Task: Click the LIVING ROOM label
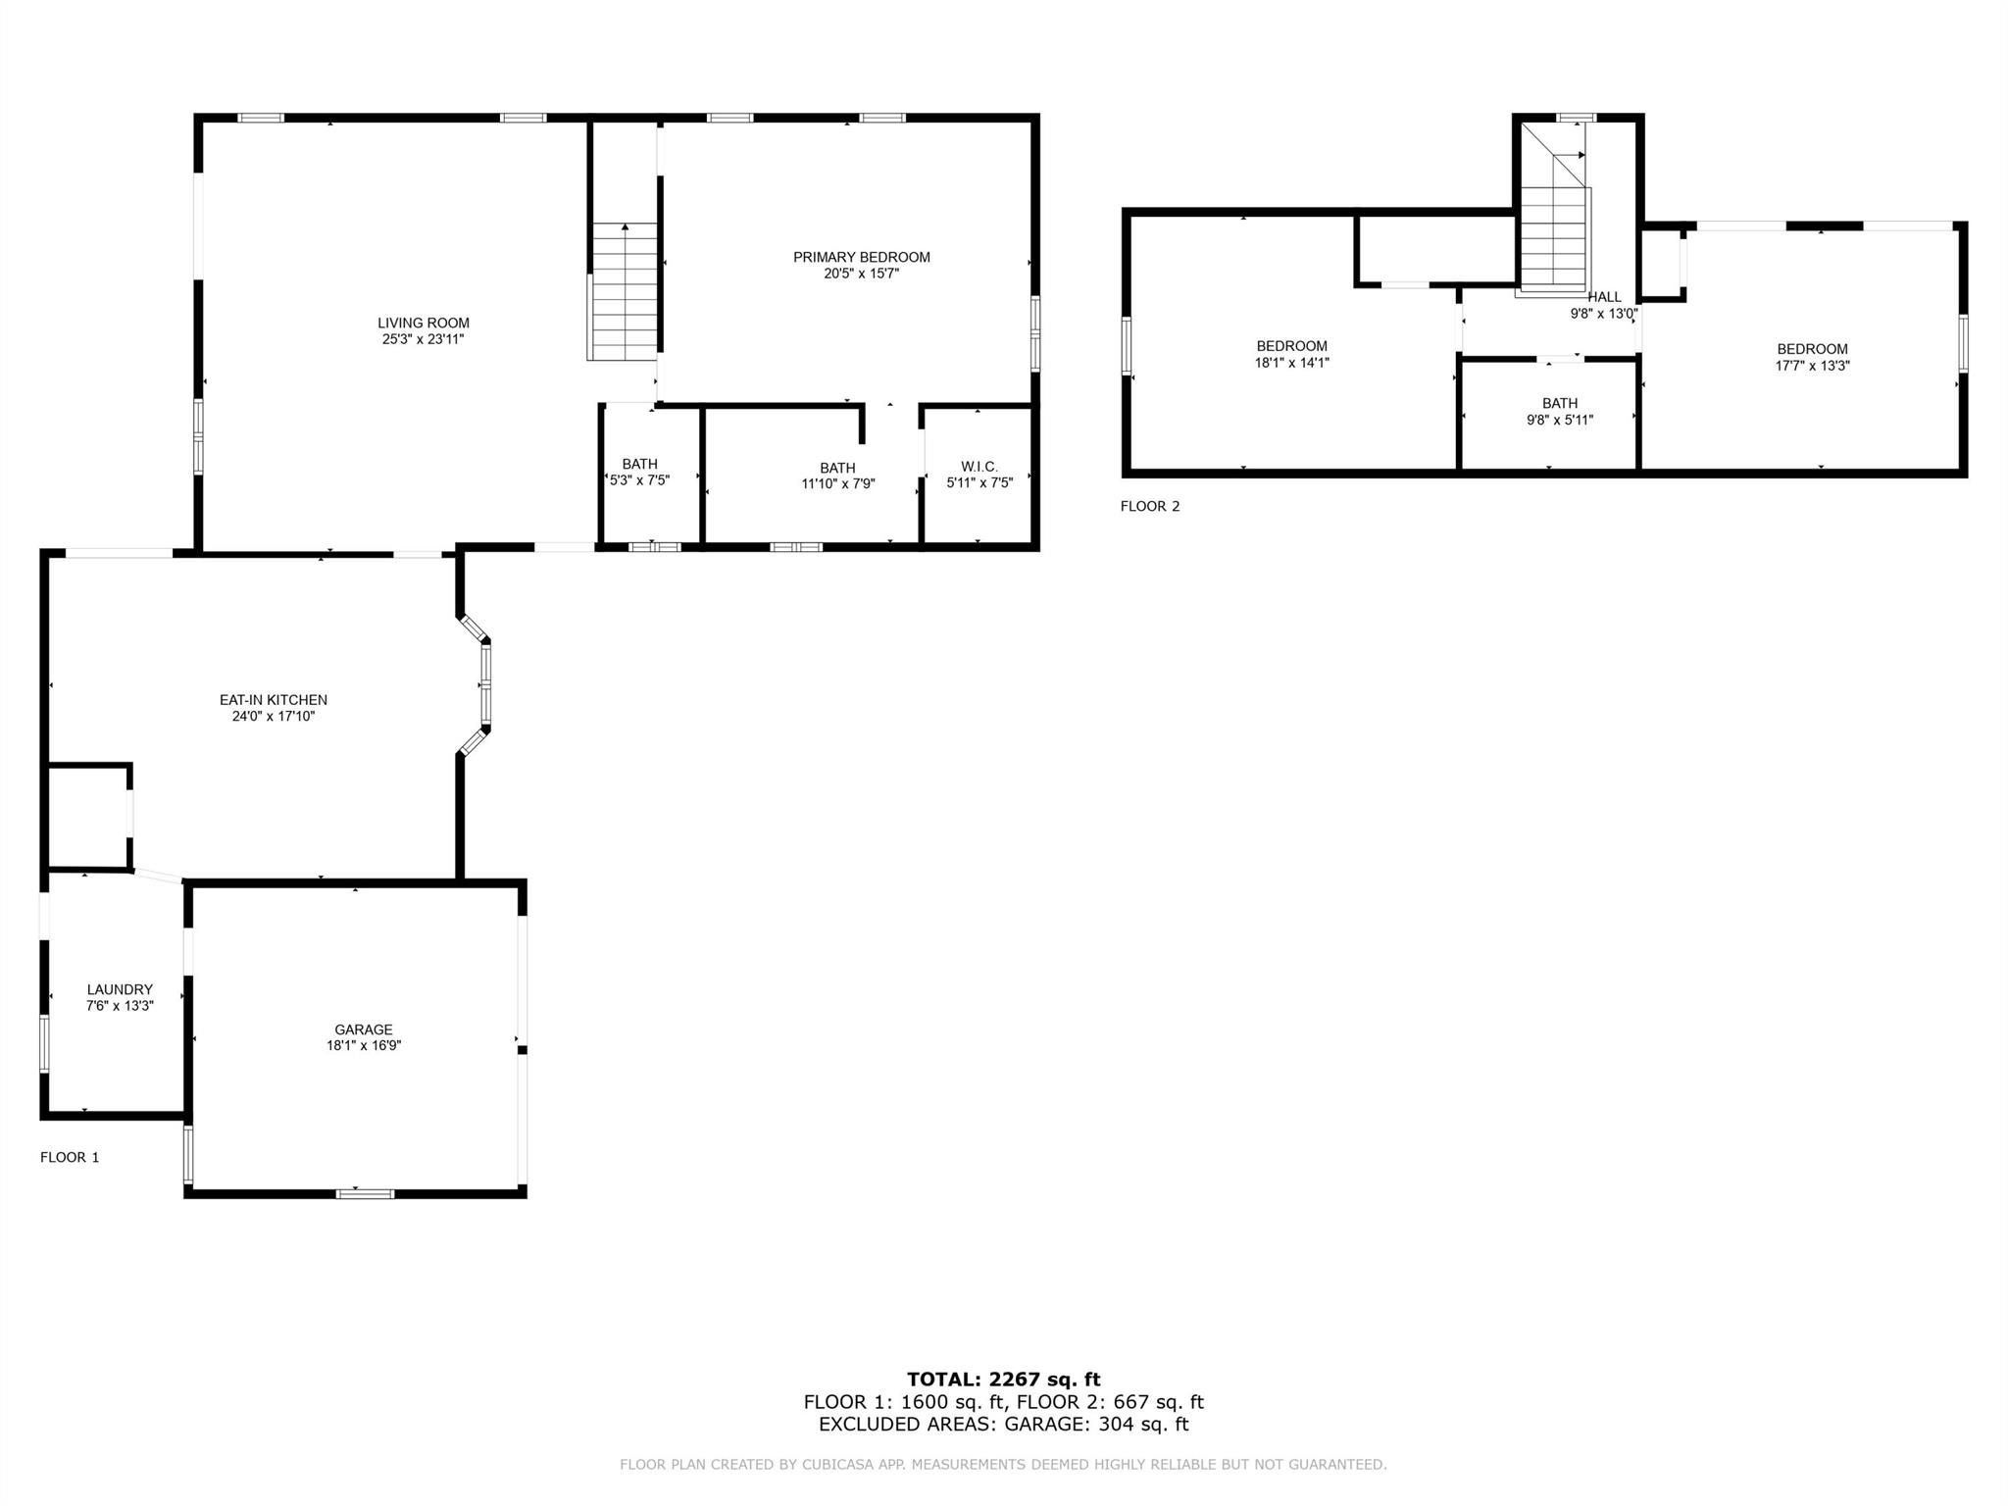(x=424, y=323)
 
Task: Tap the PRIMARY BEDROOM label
(x=861, y=257)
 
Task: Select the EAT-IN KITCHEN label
(x=273, y=700)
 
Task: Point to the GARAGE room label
(x=364, y=1029)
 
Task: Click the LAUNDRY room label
(x=120, y=989)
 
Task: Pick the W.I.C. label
(x=979, y=467)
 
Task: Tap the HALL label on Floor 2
(x=1604, y=297)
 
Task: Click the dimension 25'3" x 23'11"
(x=424, y=339)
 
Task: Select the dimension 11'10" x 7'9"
(x=837, y=483)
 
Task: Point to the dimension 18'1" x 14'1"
(x=1291, y=363)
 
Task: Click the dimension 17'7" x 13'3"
(x=1812, y=366)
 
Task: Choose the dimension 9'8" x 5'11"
(x=1559, y=420)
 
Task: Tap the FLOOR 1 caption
(x=70, y=1157)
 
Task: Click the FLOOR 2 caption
(x=1150, y=506)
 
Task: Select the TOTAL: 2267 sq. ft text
(x=1003, y=1380)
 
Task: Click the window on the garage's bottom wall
(x=365, y=1193)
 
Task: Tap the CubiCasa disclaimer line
(x=1003, y=1465)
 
